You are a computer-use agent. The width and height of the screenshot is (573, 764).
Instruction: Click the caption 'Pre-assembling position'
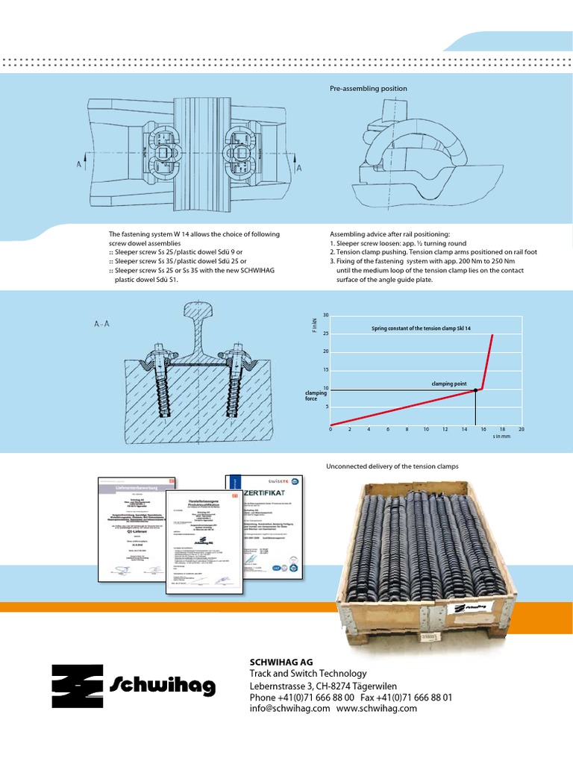(368, 89)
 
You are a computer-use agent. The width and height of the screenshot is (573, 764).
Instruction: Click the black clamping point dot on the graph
(476, 390)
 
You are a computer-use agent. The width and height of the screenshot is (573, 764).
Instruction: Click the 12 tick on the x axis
(445, 430)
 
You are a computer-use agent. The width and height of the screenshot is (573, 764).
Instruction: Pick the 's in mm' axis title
(502, 438)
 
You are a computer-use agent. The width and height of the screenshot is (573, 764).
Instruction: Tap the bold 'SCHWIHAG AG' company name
(281, 662)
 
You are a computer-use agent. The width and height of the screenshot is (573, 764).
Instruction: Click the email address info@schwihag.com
(289, 709)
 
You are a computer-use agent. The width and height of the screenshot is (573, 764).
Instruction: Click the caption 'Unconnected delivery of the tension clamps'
(392, 466)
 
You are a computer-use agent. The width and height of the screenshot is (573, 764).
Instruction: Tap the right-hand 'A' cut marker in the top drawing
(299, 169)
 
